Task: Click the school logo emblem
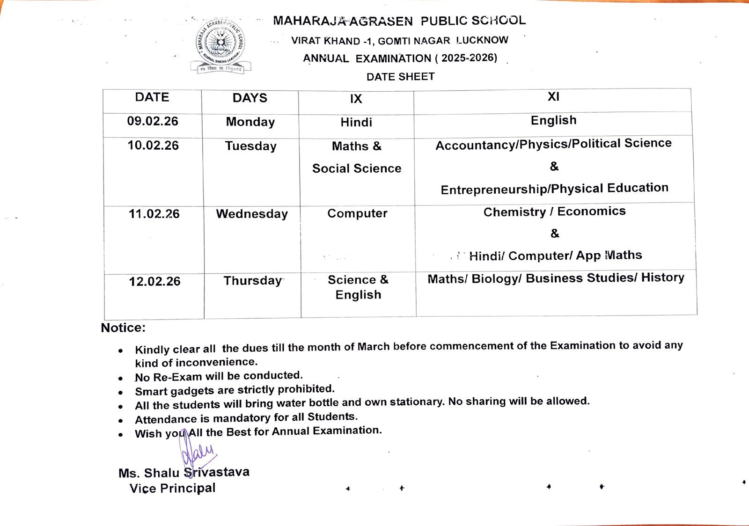[x=220, y=46]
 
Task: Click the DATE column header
[x=152, y=97]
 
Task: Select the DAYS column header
[x=250, y=98]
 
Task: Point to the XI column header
[x=553, y=97]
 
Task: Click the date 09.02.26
[x=153, y=122]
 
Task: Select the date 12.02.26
[x=154, y=282]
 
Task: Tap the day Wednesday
[x=252, y=214]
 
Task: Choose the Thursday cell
[x=253, y=281]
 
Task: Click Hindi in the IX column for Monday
[x=356, y=123]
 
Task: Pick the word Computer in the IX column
[x=357, y=214]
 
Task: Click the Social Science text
[x=357, y=168]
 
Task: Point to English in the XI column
[x=553, y=121]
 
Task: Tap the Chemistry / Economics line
[x=554, y=212]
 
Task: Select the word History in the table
[x=662, y=278]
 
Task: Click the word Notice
[x=123, y=328]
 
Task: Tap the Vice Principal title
[x=172, y=488]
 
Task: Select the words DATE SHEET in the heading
[x=400, y=77]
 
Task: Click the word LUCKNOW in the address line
[x=482, y=40]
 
